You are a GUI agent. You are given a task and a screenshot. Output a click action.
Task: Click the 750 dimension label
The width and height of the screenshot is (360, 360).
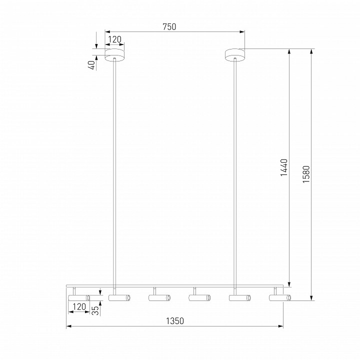(169, 27)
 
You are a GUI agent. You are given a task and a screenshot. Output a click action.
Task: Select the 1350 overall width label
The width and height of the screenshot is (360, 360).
(175, 321)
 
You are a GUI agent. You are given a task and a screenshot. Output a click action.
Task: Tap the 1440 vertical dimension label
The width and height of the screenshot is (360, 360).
(284, 167)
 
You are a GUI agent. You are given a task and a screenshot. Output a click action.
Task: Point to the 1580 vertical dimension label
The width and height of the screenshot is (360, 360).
(306, 174)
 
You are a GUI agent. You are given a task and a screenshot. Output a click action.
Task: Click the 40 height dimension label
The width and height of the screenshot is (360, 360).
(92, 65)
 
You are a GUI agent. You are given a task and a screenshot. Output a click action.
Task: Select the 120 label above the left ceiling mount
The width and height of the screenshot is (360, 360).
(114, 39)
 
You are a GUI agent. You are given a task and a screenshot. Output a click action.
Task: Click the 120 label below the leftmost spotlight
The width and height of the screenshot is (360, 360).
(79, 306)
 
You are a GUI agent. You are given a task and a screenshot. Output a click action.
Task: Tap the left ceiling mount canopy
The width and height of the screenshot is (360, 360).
(114, 55)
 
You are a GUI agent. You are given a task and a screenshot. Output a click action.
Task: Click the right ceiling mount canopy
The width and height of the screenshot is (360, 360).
(235, 55)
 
